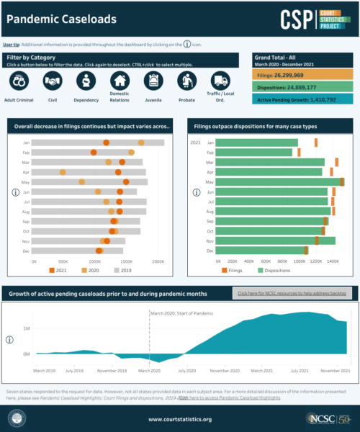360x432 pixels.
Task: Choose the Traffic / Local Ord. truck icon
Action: click(x=220, y=81)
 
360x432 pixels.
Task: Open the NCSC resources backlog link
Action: click(x=292, y=294)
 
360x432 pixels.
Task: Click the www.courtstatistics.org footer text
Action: click(x=180, y=419)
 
